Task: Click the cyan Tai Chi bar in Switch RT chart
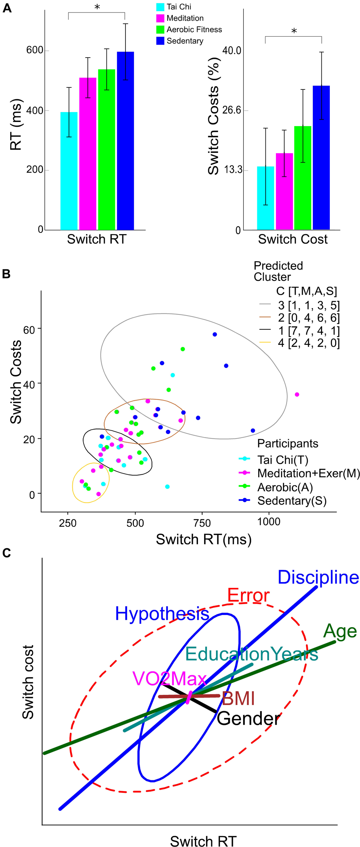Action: pyautogui.click(x=69, y=171)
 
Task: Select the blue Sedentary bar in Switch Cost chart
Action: pyautogui.click(x=321, y=158)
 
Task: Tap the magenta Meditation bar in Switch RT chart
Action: pyautogui.click(x=88, y=154)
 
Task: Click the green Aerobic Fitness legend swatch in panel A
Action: pyautogui.click(x=160, y=30)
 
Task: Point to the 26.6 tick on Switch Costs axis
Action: pyautogui.click(x=232, y=110)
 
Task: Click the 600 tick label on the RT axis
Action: pyautogui.click(x=35, y=50)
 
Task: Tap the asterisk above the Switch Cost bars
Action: pyautogui.click(x=294, y=31)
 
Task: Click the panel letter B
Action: pyautogui.click(x=6, y=274)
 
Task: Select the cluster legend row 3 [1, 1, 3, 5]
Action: pyautogui.click(x=300, y=305)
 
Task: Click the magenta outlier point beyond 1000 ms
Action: pyautogui.click(x=297, y=394)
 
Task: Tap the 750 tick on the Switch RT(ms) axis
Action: pyautogui.click(x=202, y=522)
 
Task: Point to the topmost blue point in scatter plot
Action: pyautogui.click(x=215, y=334)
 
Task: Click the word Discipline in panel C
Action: pyautogui.click(x=318, y=577)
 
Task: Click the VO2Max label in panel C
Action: pyautogui.click(x=169, y=679)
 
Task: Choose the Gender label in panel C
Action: pyautogui.click(x=248, y=718)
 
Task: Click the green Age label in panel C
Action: pyautogui.click(x=340, y=631)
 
